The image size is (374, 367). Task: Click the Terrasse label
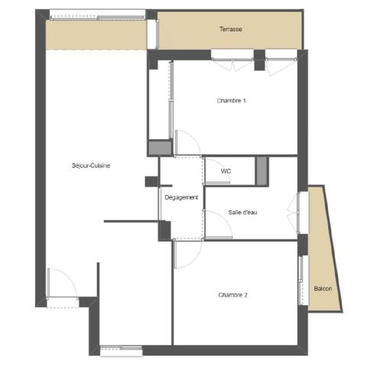pos(231,29)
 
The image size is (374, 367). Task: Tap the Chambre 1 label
pos(231,101)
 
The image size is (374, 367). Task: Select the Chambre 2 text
pos(233,295)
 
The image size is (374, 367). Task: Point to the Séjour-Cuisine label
pos(91,166)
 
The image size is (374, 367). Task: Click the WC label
pos(226,171)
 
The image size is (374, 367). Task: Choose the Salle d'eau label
pos(242,213)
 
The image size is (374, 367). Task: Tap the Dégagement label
pos(181,197)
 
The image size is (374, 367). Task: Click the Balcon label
pos(323,289)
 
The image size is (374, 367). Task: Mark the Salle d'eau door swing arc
pos(225,219)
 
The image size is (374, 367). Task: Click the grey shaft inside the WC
pos(262,171)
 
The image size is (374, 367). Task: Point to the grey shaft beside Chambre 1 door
pos(160,148)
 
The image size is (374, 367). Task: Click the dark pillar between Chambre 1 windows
pos(260,60)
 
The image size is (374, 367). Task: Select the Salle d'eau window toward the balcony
pos(298,213)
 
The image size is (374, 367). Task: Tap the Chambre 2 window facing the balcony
pos(301,281)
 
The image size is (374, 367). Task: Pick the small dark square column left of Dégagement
pos(151,181)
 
